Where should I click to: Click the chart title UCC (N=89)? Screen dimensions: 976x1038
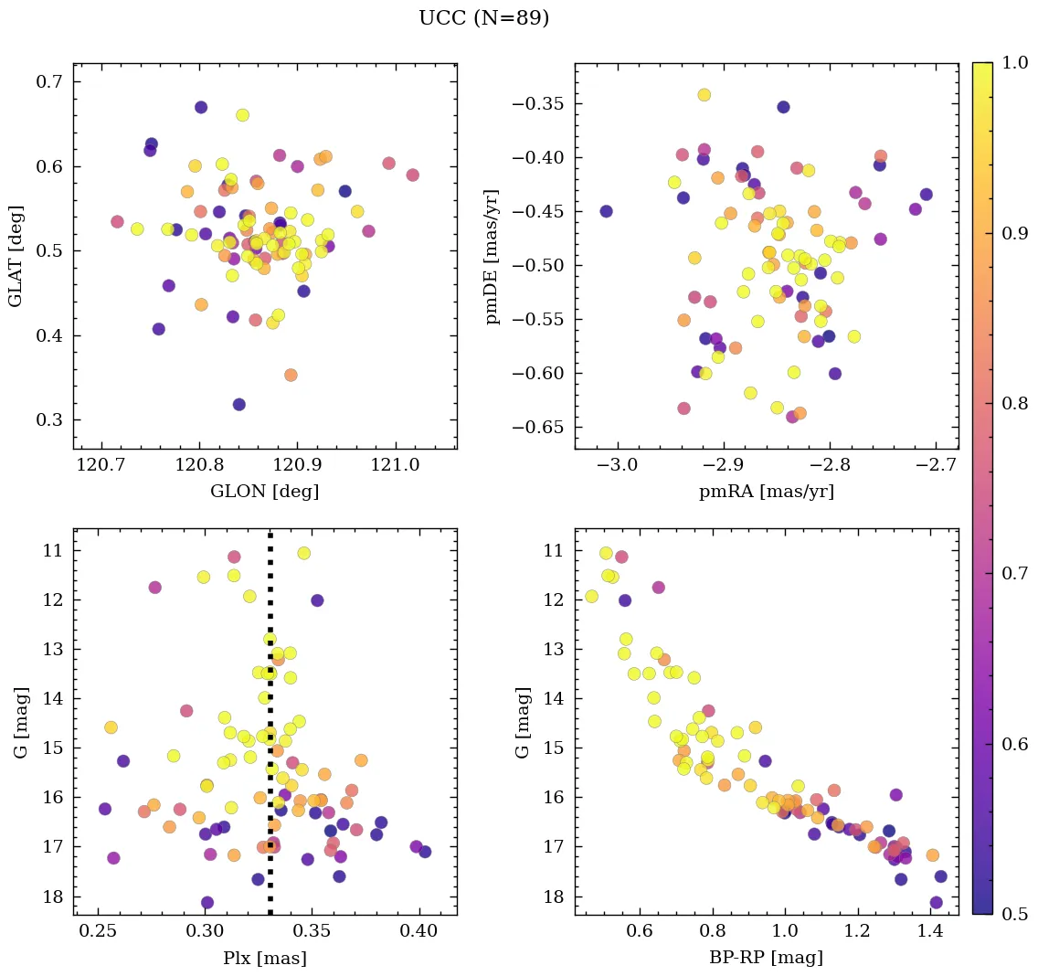[x=483, y=18]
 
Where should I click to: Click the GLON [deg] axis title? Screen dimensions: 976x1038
[x=264, y=492]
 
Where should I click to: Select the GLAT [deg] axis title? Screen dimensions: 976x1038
[x=16, y=256]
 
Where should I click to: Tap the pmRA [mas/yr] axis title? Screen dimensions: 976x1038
[x=766, y=492]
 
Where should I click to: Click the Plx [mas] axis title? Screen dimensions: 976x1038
[x=264, y=958]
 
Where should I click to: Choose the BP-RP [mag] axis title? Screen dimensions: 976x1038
[x=766, y=958]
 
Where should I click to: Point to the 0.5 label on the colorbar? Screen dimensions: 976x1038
[x=1013, y=914]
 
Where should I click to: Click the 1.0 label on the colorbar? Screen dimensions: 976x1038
[x=1013, y=63]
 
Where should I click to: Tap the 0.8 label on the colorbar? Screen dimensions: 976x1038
[x=1013, y=403]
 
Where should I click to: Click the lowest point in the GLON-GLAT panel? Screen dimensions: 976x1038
[x=238, y=404]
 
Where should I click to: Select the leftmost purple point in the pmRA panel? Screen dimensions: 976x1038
[x=606, y=211]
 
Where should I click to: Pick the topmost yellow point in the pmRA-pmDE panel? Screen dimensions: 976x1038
[x=704, y=94]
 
